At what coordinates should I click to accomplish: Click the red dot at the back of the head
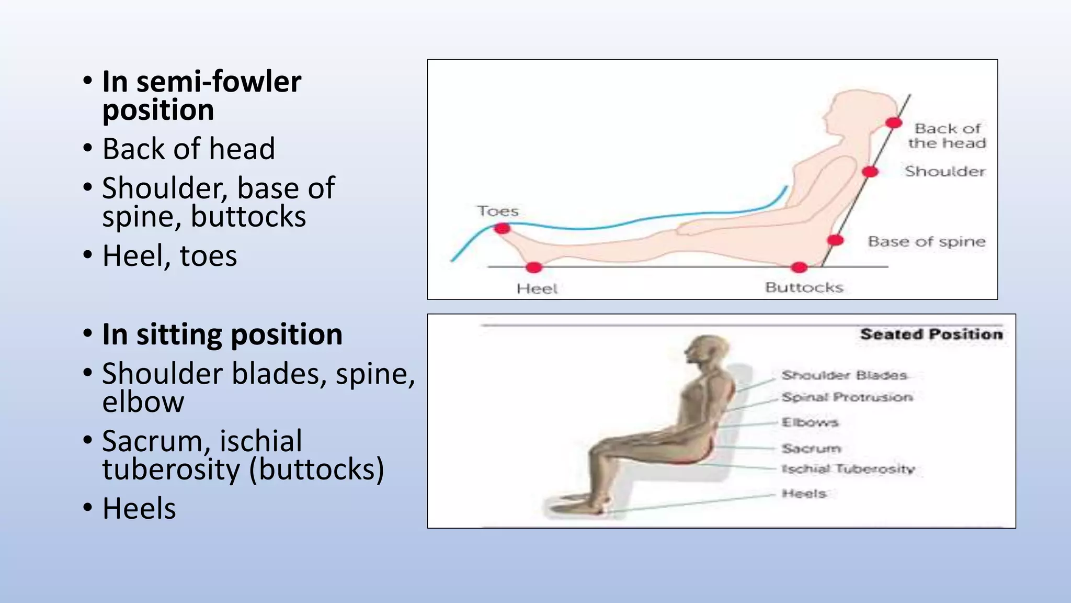(x=894, y=123)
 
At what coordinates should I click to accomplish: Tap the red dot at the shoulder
(x=870, y=172)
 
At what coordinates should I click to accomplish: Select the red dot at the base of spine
(x=835, y=240)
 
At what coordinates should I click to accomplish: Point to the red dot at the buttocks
(x=799, y=267)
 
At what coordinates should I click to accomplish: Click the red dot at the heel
(x=533, y=267)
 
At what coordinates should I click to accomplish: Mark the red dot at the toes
(x=502, y=228)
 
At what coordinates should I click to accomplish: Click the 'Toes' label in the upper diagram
(x=498, y=211)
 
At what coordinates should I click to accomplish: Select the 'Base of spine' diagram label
(x=926, y=241)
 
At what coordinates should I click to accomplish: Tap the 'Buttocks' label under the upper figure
(x=804, y=287)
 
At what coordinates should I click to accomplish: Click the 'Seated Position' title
(x=931, y=334)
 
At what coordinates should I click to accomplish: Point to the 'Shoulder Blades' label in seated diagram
(x=844, y=375)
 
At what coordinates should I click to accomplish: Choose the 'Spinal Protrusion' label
(x=847, y=397)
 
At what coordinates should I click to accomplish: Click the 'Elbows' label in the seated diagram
(x=810, y=422)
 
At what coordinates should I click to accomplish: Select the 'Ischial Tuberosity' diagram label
(x=848, y=469)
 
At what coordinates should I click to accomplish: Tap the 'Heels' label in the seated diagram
(x=804, y=494)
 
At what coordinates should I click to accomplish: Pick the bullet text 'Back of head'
(x=188, y=149)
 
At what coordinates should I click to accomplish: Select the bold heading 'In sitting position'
(x=222, y=334)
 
